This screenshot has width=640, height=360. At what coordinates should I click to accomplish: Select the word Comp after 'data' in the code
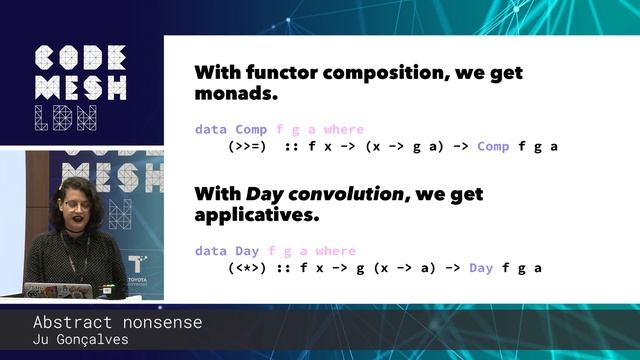pos(251,130)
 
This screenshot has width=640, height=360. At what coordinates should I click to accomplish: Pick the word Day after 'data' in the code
pos(247,251)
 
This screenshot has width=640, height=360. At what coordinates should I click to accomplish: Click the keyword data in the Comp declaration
pos(210,130)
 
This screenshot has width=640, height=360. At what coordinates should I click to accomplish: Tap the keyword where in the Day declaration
pos(336,251)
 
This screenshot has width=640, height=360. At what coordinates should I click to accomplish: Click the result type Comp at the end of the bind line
pos(493,146)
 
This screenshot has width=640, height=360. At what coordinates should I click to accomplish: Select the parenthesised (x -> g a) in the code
pos(405,146)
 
